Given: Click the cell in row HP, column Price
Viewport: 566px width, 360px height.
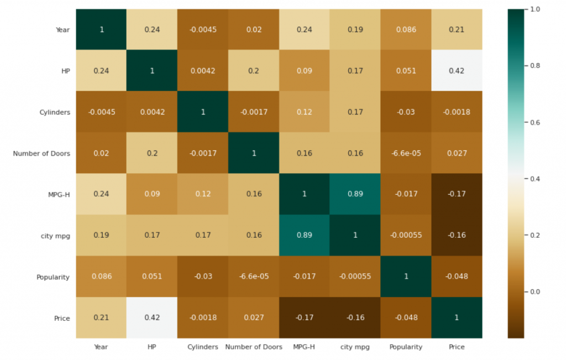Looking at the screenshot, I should click(x=457, y=71).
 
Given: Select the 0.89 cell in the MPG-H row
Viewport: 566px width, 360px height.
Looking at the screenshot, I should click(x=355, y=194).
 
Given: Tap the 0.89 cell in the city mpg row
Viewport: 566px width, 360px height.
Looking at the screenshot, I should click(x=304, y=235).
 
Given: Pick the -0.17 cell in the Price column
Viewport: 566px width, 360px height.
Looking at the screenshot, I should click(x=457, y=194).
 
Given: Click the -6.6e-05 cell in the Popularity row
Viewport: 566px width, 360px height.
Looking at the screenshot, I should click(x=253, y=276).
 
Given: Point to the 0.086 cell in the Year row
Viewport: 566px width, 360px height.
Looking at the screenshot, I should click(x=406, y=30).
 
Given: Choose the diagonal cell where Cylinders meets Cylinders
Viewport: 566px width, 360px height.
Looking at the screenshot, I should click(x=202, y=112).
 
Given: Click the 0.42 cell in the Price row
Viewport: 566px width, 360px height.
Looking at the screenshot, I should click(x=152, y=317).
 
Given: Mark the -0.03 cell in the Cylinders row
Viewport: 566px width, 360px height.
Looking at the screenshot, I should click(x=406, y=112).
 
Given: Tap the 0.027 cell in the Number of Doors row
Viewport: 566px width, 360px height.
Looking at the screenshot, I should click(x=457, y=153).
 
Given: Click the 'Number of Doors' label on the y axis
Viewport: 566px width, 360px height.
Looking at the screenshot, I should click(x=41, y=153).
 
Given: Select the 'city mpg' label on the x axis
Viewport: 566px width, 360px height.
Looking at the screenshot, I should click(x=355, y=347).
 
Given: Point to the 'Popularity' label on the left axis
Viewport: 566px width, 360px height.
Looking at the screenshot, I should click(x=53, y=276).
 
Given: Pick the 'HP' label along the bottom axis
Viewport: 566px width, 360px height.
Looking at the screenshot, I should click(x=152, y=347).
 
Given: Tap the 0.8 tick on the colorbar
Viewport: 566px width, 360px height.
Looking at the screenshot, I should click(x=534, y=66).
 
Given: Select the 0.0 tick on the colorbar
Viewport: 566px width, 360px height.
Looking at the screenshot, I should click(x=534, y=291).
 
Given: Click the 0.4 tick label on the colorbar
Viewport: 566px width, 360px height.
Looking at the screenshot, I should click(x=534, y=179).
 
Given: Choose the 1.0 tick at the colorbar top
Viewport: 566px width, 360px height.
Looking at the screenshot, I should click(x=534, y=9).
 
